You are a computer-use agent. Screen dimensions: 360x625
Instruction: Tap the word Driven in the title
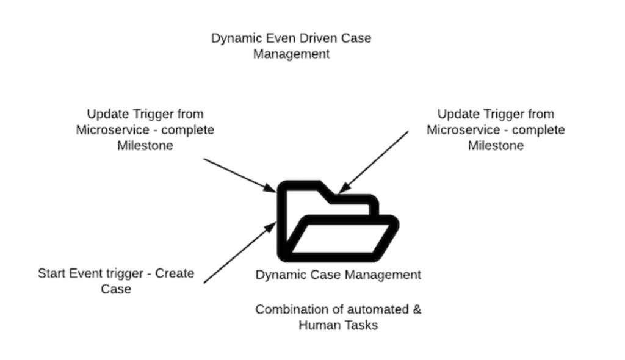pyautogui.click(x=313, y=38)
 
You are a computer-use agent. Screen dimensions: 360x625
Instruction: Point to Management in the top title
pyautogui.click(x=291, y=54)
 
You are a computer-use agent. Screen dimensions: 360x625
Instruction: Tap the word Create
pyautogui.click(x=175, y=273)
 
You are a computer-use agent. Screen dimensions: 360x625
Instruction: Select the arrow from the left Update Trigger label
pyautogui.click(x=239, y=175)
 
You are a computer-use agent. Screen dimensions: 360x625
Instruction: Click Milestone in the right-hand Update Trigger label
pyautogui.click(x=496, y=146)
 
